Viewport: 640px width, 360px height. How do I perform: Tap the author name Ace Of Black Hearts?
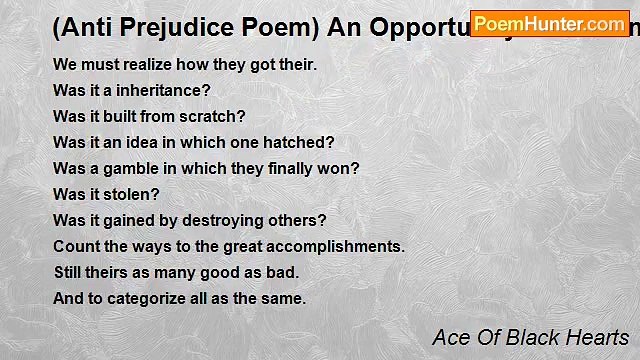530,337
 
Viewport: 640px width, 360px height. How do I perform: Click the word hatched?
304,142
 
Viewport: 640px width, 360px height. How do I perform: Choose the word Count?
75,246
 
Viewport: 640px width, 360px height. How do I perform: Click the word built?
115,116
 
